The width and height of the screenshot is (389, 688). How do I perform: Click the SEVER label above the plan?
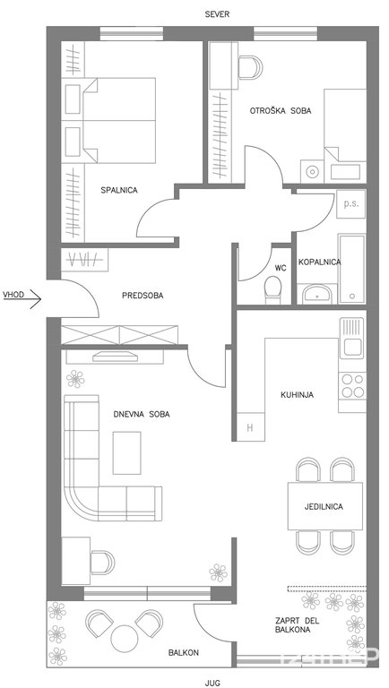[217, 14]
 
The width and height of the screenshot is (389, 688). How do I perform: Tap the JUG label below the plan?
[212, 683]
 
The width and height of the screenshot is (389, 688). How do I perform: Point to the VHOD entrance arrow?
[30, 300]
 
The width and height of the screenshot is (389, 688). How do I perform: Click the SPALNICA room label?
[119, 190]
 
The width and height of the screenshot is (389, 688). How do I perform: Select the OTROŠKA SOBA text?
[281, 111]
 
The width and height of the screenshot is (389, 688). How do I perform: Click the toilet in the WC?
[272, 289]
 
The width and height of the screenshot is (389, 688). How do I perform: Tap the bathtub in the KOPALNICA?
[351, 268]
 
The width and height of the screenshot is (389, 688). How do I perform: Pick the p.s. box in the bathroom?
[351, 204]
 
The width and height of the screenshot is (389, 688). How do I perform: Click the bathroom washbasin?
[317, 294]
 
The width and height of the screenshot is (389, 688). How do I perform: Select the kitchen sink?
[352, 338]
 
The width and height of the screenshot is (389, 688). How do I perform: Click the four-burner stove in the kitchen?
[352, 386]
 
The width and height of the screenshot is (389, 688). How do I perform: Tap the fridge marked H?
[251, 427]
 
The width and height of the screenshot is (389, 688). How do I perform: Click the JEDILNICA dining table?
[325, 506]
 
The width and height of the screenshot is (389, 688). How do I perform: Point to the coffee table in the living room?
[127, 452]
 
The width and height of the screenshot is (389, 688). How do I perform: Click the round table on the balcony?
[125, 638]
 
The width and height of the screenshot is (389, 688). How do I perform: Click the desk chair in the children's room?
[250, 67]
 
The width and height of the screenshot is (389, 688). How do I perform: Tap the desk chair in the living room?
[103, 563]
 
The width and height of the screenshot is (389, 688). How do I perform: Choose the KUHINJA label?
[298, 395]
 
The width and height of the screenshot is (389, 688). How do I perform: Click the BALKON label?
[184, 653]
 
